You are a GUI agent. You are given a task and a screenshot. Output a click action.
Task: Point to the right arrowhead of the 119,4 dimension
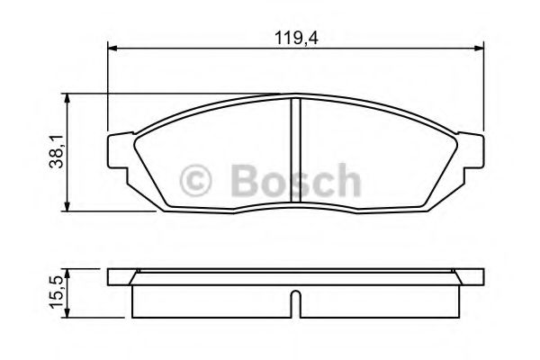pyautogui.click(x=482, y=50)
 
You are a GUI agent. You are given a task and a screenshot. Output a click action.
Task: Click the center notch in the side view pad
pyautogui.click(x=298, y=303)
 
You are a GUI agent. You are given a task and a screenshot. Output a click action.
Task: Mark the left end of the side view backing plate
pyautogui.click(x=111, y=276)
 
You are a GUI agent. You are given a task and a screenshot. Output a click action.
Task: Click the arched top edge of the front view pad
pyautogui.click(x=298, y=97)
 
